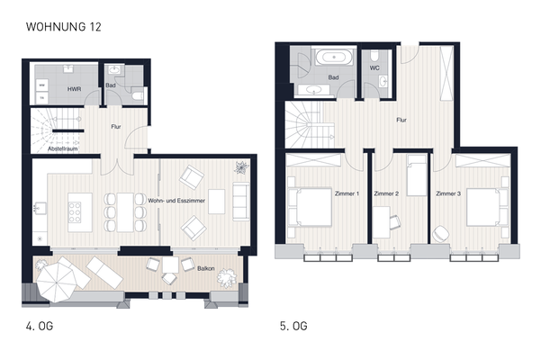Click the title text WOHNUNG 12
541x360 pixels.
64,28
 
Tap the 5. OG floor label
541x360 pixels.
293,326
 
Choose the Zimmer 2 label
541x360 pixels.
385,193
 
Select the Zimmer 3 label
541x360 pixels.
449,193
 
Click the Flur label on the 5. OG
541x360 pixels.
403,118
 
